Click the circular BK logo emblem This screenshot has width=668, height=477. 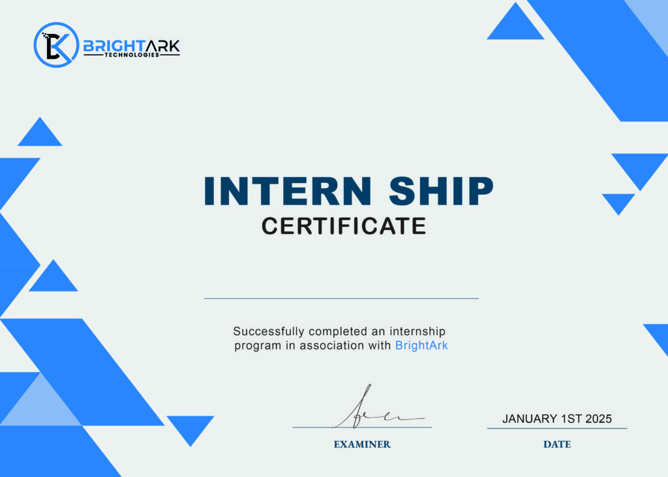point(56,45)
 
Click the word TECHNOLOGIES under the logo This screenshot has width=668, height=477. point(132,55)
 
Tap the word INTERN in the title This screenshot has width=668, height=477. point(288,191)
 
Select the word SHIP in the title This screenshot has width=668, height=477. point(441,191)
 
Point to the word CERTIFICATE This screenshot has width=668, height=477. point(344,225)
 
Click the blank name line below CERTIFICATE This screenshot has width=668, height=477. point(341,298)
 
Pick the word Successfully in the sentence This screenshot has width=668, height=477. point(268,331)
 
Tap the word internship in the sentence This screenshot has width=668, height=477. point(417,331)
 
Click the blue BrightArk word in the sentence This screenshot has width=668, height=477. point(421,345)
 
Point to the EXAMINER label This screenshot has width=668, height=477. point(362,444)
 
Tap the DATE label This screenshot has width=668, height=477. point(557,444)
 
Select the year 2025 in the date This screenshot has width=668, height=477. point(599,419)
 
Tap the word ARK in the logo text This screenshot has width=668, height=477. point(162,46)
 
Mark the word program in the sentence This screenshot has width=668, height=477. point(258,346)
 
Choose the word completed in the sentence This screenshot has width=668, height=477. point(338,331)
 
